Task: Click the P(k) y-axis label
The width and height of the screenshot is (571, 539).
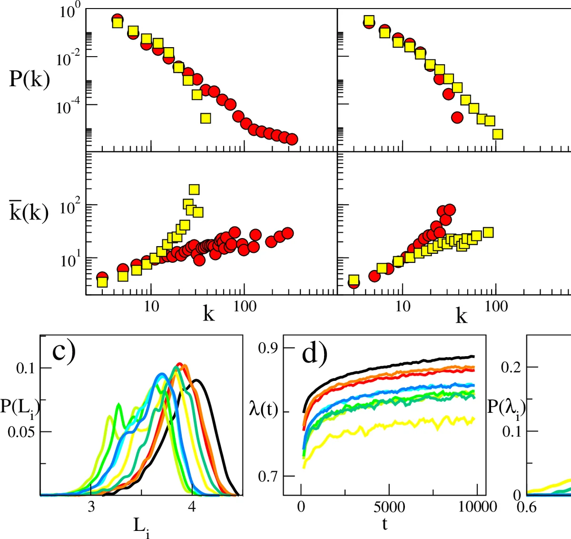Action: (30, 79)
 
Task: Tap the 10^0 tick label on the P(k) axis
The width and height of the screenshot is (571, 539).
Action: (70, 10)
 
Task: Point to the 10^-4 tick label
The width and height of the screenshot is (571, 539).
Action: (69, 106)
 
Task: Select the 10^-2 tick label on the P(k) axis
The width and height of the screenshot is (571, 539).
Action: (69, 59)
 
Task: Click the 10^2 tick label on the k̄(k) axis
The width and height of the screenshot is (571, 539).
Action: (70, 206)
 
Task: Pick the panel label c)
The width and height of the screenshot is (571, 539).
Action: (64, 351)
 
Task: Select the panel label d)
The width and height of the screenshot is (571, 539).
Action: (315, 353)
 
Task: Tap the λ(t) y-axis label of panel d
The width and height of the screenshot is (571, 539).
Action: (263, 409)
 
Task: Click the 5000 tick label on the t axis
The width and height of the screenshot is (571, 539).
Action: (389, 507)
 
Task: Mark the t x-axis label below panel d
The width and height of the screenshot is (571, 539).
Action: (384, 524)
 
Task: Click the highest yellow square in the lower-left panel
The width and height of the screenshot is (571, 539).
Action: (194, 190)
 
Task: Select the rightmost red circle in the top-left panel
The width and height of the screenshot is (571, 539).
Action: (292, 139)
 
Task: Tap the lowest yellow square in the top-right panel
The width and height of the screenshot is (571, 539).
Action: (498, 134)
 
